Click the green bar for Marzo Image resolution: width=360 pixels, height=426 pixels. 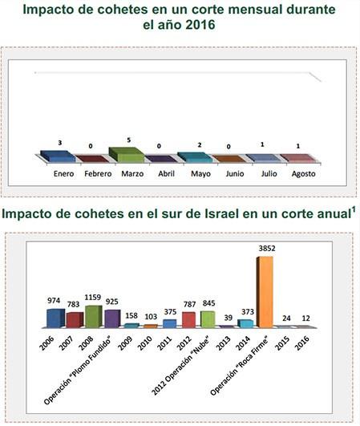(x=126, y=154)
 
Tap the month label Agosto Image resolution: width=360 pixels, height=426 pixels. (x=302, y=173)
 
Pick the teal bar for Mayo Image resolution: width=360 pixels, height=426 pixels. (x=194, y=157)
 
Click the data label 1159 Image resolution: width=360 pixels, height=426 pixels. (x=94, y=298)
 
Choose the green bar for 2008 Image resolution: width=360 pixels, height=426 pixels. (x=93, y=316)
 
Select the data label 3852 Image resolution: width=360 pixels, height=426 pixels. (x=265, y=249)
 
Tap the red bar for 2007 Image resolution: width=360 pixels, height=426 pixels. (x=75, y=319)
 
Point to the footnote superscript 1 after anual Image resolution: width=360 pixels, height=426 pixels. (x=352, y=210)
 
